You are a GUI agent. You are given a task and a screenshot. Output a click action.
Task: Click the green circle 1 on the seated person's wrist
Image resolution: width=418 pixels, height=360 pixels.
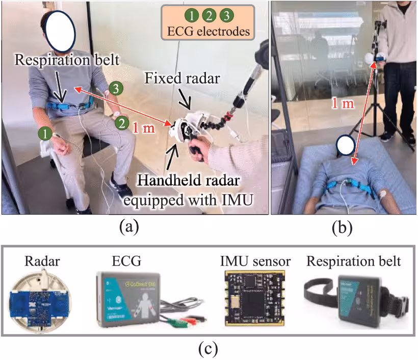coord(45,134)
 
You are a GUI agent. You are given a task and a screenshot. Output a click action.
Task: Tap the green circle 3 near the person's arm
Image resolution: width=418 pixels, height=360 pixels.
coord(116,89)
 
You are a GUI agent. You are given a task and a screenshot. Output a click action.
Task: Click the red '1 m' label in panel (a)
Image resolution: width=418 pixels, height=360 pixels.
coord(143,129)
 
